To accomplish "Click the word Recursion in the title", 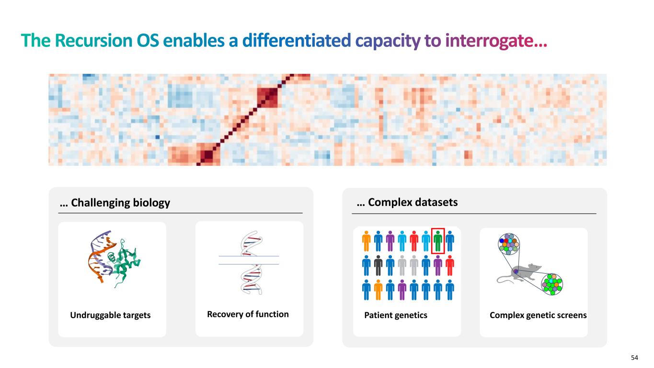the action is tap(93, 40).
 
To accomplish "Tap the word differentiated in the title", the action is tap(297, 40).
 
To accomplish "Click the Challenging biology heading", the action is tap(115, 203).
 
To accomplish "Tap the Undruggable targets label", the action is tap(110, 315).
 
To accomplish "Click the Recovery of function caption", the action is tap(248, 314).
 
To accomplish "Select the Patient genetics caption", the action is tap(396, 315).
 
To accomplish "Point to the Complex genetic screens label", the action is tap(538, 315).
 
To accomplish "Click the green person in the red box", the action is tap(437, 241).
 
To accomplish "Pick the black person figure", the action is tap(378, 265).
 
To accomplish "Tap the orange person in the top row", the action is tap(366, 241).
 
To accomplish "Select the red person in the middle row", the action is tap(449, 265).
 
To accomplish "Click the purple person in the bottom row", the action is tap(402, 290).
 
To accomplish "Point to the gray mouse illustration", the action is tap(520, 274).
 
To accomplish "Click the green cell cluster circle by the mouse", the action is tap(552, 284).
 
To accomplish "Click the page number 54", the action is tap(634, 358).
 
